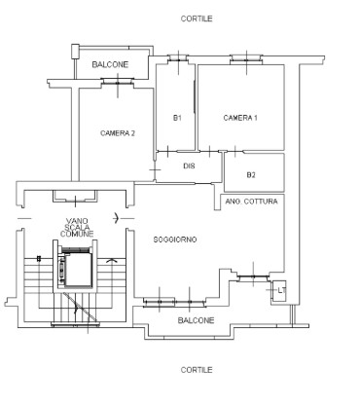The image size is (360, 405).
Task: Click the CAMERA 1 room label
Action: (240, 118)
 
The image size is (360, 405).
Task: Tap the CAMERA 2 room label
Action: (118, 133)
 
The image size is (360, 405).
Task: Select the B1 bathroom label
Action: (177, 118)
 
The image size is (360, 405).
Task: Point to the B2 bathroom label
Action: (251, 175)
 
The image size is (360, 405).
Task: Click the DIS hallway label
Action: (189, 166)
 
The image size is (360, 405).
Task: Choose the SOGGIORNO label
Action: (175, 239)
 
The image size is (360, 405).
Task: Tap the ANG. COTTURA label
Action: (251, 202)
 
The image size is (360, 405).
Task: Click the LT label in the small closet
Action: (282, 290)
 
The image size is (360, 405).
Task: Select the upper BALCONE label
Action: (110, 64)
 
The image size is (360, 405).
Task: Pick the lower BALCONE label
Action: (196, 320)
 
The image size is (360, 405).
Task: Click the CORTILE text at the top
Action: (197, 18)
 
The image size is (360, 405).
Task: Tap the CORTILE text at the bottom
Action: (197, 370)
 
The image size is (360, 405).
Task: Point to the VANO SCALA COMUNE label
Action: (77, 227)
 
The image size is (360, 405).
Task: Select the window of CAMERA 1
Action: (246, 60)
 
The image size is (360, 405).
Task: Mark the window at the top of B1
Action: (178, 59)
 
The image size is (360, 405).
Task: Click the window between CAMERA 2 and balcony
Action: (118, 83)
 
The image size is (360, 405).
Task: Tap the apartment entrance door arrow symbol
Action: (117, 218)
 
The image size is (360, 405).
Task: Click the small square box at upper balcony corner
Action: (75, 52)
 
